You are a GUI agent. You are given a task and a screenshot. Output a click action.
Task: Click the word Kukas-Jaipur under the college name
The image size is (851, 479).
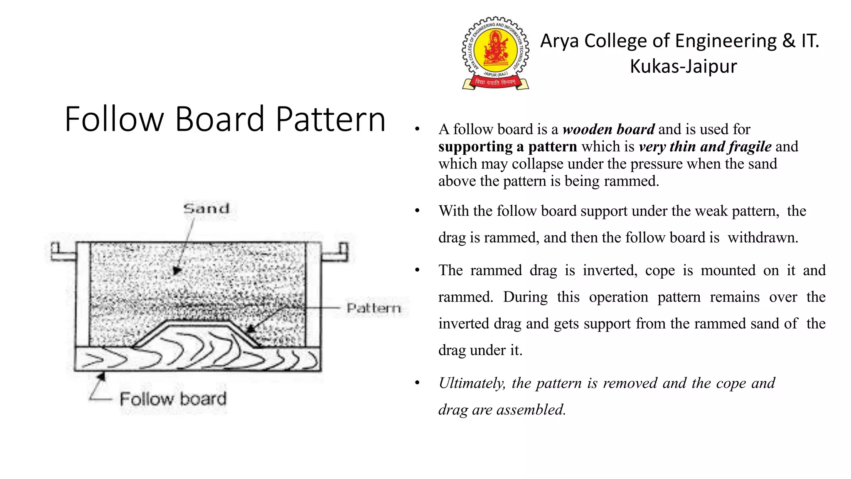coord(683,67)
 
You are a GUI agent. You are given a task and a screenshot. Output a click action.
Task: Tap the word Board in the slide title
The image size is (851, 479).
coord(219,119)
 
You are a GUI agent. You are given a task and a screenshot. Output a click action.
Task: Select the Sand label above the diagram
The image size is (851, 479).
coord(207,208)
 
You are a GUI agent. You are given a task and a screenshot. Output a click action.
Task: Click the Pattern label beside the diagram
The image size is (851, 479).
coord(374,308)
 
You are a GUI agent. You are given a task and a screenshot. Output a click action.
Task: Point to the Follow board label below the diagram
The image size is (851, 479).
coord(173,399)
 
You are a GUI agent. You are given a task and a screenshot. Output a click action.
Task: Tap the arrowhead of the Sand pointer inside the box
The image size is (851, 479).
coord(177,271)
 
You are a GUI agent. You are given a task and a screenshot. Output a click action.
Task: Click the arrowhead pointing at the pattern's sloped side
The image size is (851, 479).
coord(250,329)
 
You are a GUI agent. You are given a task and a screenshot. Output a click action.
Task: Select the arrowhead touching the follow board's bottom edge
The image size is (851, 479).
coord(101,376)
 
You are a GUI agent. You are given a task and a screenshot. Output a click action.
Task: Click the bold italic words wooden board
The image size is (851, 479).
coord(608,129)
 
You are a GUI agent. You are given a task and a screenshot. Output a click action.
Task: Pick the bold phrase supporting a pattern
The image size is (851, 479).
coord(507,147)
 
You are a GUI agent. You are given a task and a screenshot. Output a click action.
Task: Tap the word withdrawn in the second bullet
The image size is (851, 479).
coord(762,238)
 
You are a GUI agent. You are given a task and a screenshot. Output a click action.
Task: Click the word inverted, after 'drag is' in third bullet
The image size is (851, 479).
coord(610,271)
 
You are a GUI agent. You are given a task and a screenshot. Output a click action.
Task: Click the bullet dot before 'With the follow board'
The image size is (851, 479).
coord(417,211)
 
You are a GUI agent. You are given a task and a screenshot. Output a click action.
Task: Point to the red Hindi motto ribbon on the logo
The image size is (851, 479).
coord(495,82)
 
